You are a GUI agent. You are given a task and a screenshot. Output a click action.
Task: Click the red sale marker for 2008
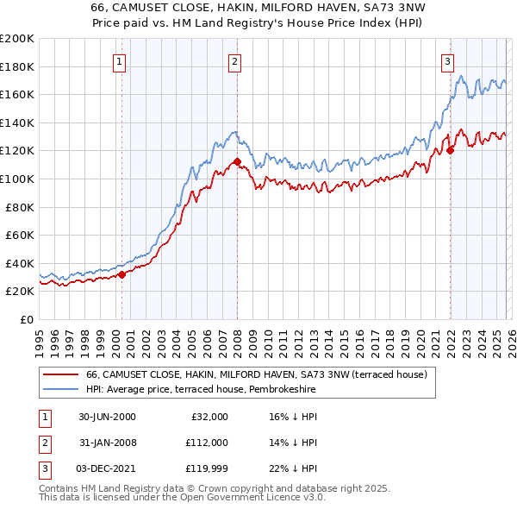(237, 161)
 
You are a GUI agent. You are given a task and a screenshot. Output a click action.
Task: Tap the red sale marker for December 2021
(450, 150)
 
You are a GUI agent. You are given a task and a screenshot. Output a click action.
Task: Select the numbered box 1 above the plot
(118, 61)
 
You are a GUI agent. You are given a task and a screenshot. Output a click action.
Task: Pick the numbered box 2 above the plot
(234, 61)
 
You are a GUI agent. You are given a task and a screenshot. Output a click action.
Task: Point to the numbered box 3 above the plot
(447, 61)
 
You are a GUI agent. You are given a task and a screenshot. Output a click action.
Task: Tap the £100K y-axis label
(16, 179)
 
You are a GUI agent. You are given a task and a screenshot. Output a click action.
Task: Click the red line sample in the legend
(60, 375)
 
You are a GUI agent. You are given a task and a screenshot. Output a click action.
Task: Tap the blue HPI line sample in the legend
(60, 390)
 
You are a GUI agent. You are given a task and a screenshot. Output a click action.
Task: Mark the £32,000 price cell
(208, 416)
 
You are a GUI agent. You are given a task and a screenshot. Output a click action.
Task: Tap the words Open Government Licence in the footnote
(243, 497)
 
